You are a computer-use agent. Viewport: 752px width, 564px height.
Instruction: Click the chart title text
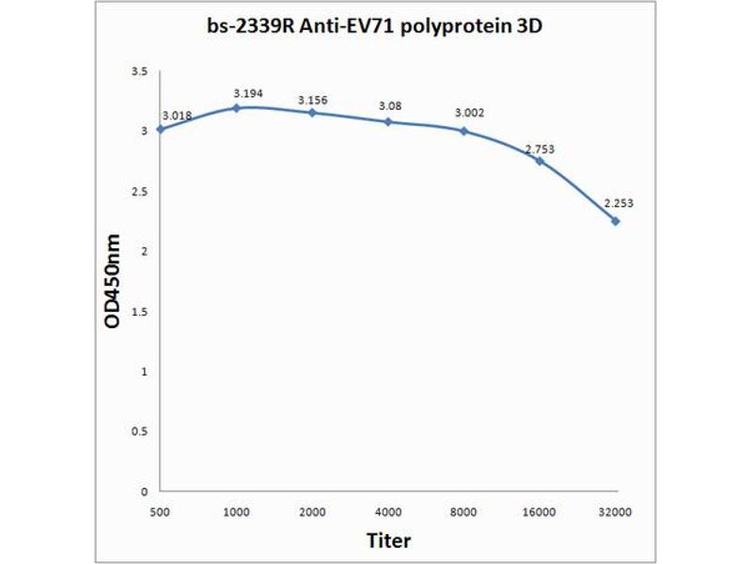(376, 27)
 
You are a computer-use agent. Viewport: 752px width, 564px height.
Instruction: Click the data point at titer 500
(160, 129)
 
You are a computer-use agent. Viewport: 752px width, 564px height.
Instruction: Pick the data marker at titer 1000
(236, 108)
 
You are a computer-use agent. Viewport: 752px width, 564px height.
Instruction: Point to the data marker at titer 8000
(463, 131)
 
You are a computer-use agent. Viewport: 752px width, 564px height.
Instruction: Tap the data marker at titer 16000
(540, 161)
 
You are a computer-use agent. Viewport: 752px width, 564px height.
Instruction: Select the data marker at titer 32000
(616, 221)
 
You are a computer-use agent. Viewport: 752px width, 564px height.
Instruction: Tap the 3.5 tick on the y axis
(141, 71)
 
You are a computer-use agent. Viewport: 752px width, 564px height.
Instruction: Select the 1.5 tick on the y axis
(141, 311)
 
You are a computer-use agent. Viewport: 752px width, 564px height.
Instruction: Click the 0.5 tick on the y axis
(141, 431)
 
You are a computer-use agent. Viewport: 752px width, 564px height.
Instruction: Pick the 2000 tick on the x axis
(312, 510)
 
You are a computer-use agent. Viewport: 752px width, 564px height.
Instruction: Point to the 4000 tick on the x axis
(388, 510)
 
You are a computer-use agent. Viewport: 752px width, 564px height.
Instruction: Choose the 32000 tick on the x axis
(616, 510)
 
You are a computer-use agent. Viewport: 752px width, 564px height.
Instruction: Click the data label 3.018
(177, 116)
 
